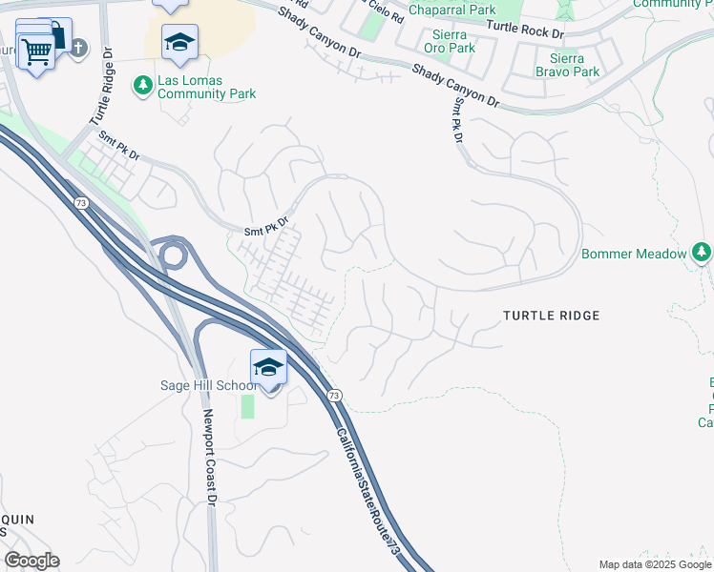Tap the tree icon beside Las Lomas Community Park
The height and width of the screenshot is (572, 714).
click(143, 86)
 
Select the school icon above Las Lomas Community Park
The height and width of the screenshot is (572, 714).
click(178, 42)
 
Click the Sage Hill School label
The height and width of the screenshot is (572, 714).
click(208, 385)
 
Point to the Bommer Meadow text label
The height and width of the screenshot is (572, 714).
click(634, 254)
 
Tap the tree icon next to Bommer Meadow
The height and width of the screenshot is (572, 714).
click(702, 253)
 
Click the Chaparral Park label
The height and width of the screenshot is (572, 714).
click(451, 10)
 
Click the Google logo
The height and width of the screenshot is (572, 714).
click(31, 561)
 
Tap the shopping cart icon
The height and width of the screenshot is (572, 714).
click(36, 51)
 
